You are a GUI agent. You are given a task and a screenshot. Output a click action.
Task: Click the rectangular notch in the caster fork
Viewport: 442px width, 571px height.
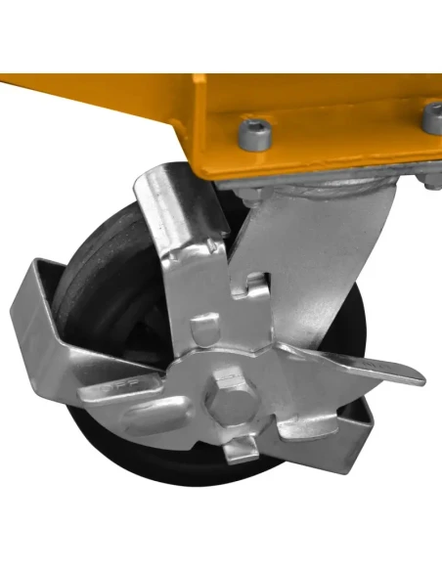tap(255, 285)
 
